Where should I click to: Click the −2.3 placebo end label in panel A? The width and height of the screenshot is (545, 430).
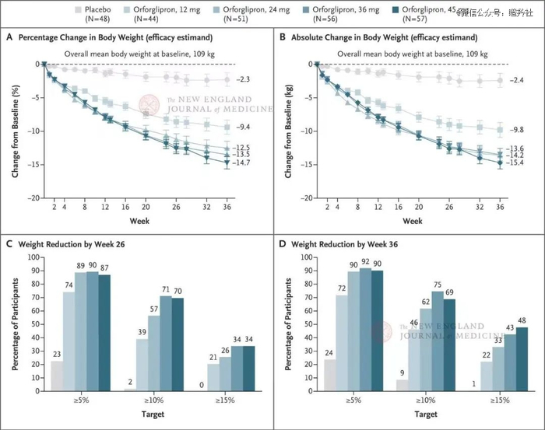tap(244, 80)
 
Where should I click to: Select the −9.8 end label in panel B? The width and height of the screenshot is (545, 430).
tap(517, 130)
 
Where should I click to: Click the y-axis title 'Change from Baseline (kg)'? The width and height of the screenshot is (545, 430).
tap(289, 131)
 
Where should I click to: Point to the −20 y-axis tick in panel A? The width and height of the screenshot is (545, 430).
tap(31, 198)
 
